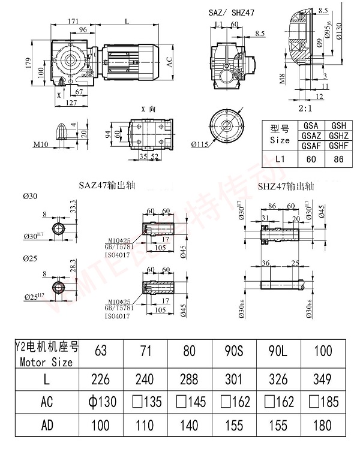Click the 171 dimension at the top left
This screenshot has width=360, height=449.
point(73,21)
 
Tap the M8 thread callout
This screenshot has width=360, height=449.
point(283,79)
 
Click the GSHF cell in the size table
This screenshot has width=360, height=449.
point(338,146)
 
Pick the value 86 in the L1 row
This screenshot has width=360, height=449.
point(338,160)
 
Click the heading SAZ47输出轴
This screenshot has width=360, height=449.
point(107,186)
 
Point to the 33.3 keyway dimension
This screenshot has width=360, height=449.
point(73,207)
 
